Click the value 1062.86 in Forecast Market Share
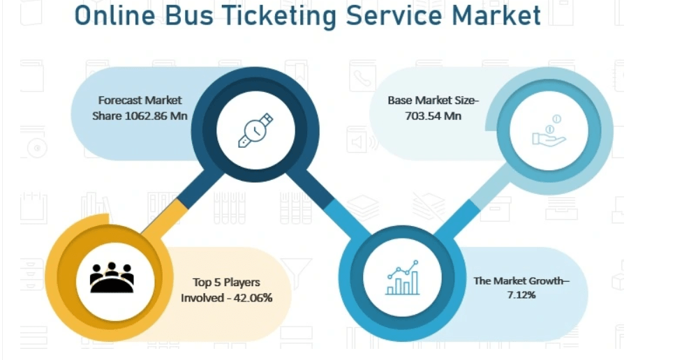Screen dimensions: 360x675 click(147, 116)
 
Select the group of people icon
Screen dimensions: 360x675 click(112, 278)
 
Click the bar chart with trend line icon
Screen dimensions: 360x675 click(402, 278)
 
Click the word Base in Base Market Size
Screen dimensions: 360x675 click(399, 100)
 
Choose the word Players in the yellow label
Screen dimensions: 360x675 click(237, 283)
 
